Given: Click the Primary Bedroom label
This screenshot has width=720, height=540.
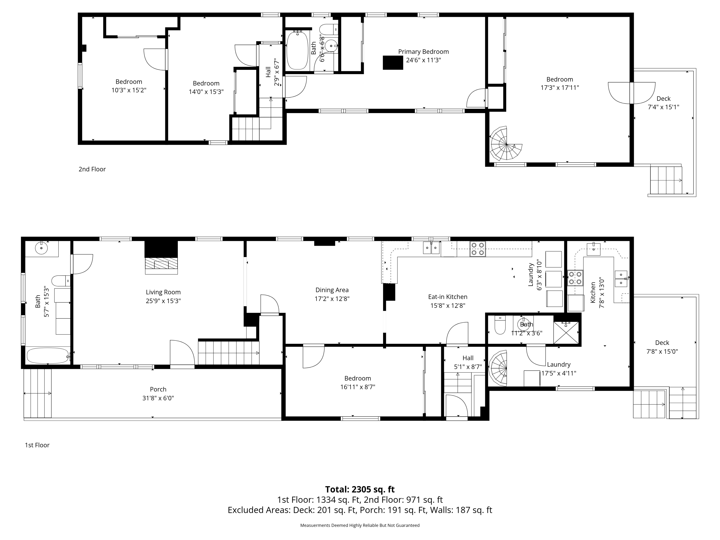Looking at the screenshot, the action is [x=423, y=51].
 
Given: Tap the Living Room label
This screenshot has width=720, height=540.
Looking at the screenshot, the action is [x=163, y=292].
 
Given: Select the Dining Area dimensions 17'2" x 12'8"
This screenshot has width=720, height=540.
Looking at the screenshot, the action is [x=332, y=299].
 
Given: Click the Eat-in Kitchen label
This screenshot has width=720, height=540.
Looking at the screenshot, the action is [x=448, y=297].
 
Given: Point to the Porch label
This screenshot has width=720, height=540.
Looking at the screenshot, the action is [x=158, y=389].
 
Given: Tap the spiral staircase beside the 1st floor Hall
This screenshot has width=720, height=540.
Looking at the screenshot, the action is [x=498, y=368].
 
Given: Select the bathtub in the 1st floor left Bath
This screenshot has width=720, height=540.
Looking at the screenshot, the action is [x=48, y=356].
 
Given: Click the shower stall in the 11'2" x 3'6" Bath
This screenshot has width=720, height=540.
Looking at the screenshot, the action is [x=566, y=333].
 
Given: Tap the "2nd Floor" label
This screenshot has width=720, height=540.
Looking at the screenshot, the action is [x=92, y=169].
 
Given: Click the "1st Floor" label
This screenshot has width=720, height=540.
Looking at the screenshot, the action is [x=37, y=445].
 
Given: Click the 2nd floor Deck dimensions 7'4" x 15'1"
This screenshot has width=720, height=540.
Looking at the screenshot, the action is [x=663, y=107].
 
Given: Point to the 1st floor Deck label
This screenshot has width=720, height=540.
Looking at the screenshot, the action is [x=662, y=343].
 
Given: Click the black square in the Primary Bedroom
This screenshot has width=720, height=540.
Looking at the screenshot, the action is [x=393, y=62].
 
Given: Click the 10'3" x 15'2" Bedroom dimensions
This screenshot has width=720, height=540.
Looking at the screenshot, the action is [x=129, y=90].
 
